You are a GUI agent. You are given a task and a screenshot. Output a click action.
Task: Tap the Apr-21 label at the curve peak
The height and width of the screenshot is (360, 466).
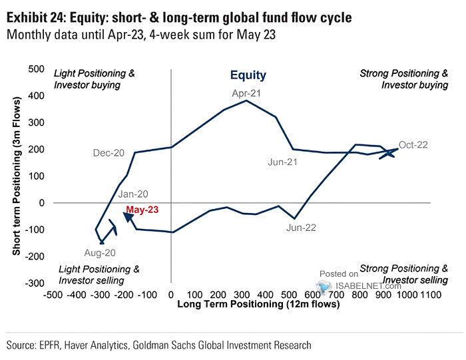pyautogui.click(x=246, y=92)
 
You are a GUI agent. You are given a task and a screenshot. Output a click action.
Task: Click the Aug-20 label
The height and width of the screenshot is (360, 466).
pyautogui.click(x=101, y=252)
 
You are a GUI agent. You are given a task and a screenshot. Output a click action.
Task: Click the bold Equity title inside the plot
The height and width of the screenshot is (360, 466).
pyautogui.click(x=248, y=76)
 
